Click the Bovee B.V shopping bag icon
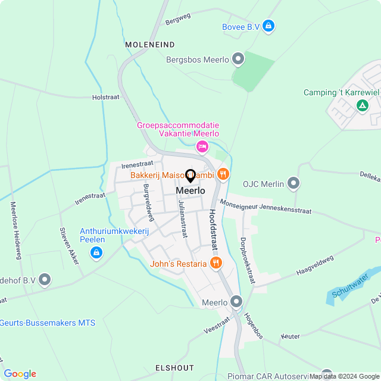pyautogui.click(x=268, y=26)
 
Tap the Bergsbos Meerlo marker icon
pyautogui.click(x=238, y=59)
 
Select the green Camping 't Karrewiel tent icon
pyautogui.click(x=361, y=105)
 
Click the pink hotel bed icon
pyautogui.click(x=202, y=146)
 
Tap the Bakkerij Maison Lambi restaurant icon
pyautogui.click(x=223, y=174)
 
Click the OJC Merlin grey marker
pyautogui.click(x=293, y=183)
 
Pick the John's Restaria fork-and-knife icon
pyautogui.click(x=216, y=263)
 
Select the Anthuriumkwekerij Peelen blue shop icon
pyautogui.click(x=95, y=253)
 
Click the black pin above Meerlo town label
pyautogui.click(x=190, y=176)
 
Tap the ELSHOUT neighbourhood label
pyautogui.click(x=174, y=367)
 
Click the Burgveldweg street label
pyautogui.click(x=148, y=202)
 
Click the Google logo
pyautogui.click(x=20, y=373)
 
